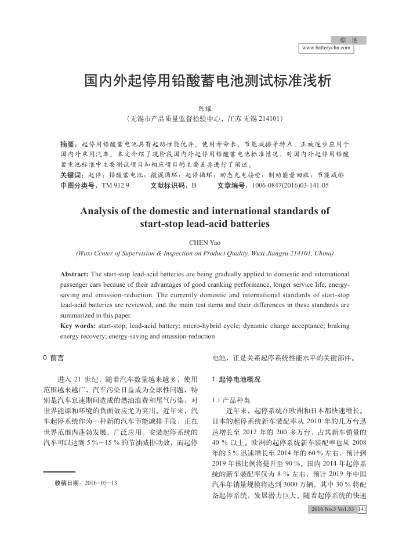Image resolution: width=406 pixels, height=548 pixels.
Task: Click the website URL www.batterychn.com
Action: [327, 48]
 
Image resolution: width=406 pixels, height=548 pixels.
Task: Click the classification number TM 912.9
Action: [115, 185]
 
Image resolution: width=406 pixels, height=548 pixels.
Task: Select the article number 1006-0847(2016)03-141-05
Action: [288, 185]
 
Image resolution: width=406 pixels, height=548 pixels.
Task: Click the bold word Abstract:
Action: [74, 273]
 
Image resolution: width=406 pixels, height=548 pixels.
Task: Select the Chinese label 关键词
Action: [70, 175]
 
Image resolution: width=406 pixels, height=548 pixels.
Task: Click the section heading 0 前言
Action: [53, 358]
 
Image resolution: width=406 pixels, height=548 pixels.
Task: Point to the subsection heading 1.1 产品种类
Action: [231, 400]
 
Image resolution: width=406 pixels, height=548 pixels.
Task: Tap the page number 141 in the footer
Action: [362, 509]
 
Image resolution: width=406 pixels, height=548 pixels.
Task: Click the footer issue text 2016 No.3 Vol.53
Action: [332, 509]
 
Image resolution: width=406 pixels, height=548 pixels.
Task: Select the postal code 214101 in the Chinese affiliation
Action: [270, 118]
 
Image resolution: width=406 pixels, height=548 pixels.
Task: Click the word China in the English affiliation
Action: [324, 253]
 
